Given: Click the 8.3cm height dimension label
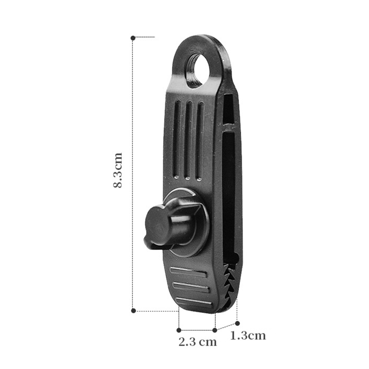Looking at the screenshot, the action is tap(118, 170).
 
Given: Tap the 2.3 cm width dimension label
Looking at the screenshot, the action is tap(198, 342).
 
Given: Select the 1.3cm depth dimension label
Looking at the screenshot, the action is tap(248, 335).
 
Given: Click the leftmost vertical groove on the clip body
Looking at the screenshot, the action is tap(177, 139).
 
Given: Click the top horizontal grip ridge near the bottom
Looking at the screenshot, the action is tap(189, 272).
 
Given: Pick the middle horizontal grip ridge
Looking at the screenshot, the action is tap(191, 287).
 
